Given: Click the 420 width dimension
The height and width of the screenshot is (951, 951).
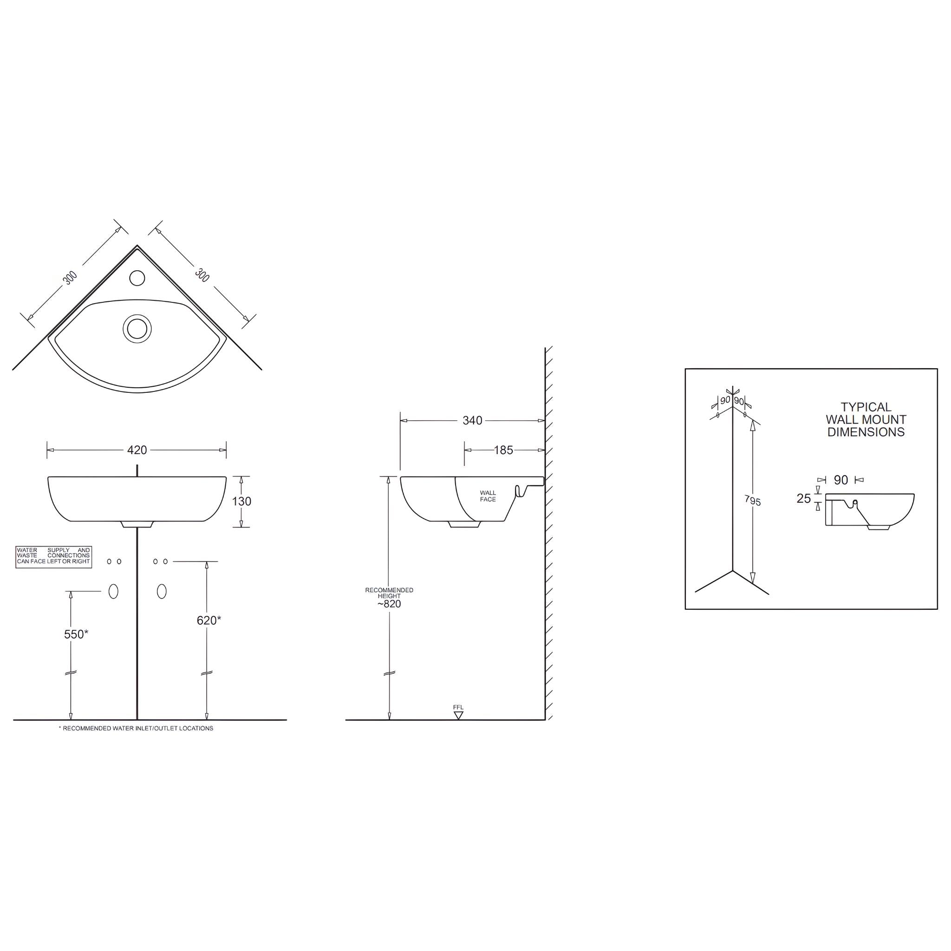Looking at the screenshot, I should point(137,450).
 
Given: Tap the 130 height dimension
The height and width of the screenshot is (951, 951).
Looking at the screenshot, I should point(241,501).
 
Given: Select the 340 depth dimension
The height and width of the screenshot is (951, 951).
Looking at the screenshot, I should point(472,420).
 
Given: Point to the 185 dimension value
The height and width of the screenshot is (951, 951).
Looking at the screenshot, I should point(503,450).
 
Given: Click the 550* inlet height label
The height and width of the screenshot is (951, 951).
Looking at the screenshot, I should point(76,634).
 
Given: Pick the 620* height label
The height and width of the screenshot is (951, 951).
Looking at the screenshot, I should point(208,621).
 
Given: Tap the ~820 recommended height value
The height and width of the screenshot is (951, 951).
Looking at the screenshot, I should point(389,604).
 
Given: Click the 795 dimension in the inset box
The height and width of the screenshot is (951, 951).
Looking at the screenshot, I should point(753,501).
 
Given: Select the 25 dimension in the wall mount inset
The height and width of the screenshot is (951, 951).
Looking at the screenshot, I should point(803,499).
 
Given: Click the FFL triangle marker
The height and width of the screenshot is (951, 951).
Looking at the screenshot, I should point(458,715).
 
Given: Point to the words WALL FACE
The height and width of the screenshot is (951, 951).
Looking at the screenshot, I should point(488,495).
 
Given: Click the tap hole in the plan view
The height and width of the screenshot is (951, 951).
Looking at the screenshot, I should point(137,278).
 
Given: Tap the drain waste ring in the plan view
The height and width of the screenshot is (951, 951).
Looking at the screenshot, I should point(137,328).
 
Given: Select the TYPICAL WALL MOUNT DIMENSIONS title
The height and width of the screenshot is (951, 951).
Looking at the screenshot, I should point(866,419).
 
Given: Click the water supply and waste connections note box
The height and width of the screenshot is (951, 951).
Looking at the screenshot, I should point(54,557).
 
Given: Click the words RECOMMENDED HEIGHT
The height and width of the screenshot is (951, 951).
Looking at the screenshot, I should point(389,593).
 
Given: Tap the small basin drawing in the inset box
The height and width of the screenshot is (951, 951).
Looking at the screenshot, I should point(869,511).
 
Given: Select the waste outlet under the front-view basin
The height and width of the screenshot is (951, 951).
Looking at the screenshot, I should point(137,524).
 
